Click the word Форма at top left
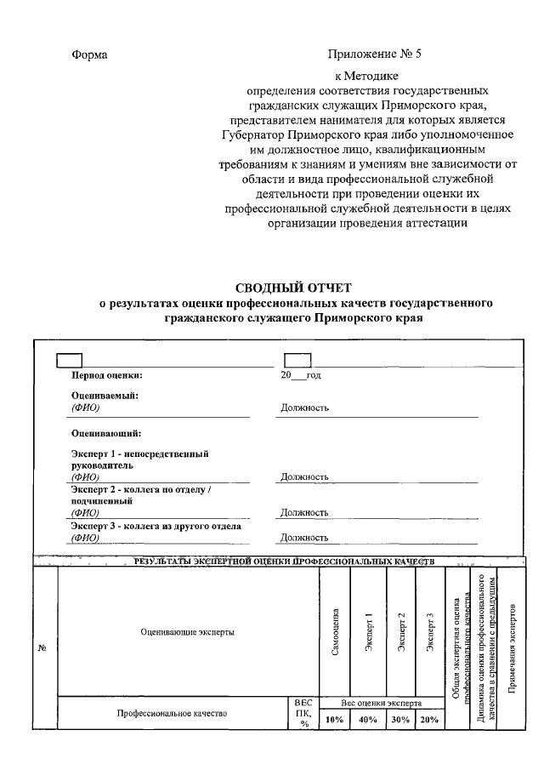tap(89, 55)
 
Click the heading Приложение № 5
tap(374, 55)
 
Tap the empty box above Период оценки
tap(69, 360)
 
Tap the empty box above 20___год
tap(297, 360)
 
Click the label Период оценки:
tap(107, 374)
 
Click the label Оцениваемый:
tap(105, 396)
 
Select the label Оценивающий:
tap(106, 434)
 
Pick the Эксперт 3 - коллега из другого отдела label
tap(156, 526)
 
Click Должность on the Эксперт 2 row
tap(304, 512)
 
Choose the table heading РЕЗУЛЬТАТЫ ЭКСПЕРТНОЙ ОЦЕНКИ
tap(284, 562)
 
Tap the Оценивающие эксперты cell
tap(187, 632)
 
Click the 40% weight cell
tap(368, 720)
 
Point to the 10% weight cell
tap(334, 720)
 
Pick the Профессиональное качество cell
tap(172, 714)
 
